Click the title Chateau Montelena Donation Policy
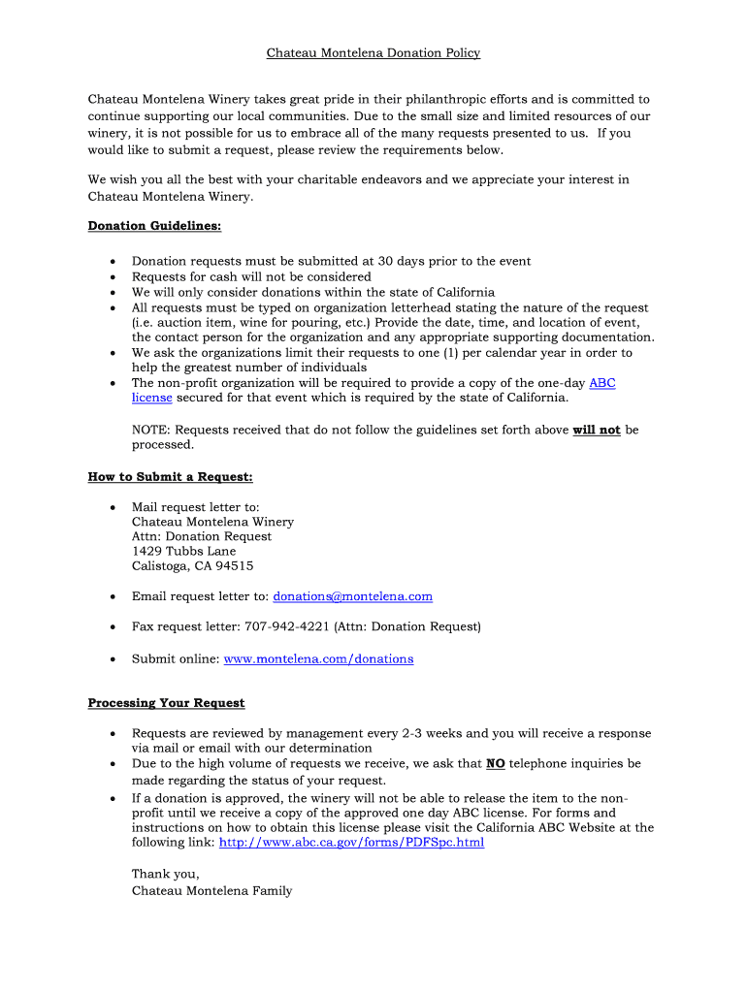[x=373, y=53]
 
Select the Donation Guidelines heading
[x=154, y=226]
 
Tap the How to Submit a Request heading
[x=170, y=476]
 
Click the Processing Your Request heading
[x=166, y=703]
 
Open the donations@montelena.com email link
[x=352, y=596]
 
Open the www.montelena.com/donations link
[x=318, y=659]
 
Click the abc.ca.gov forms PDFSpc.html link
[x=351, y=843]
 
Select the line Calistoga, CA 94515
[x=192, y=566]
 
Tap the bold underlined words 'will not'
[x=597, y=430]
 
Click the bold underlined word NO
[x=495, y=764]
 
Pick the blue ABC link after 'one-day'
[x=601, y=383]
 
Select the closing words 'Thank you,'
[x=165, y=874]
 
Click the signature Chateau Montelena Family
[x=211, y=890]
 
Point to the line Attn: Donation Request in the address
[x=201, y=536]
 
